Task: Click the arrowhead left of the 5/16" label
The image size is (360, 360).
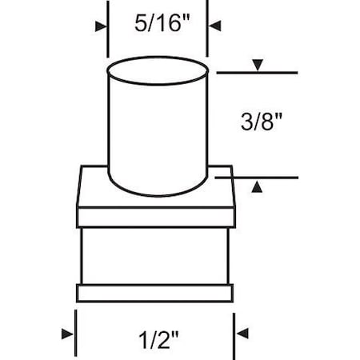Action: pyautogui.click(x=101, y=26)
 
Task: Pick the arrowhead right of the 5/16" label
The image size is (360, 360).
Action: pyautogui.click(x=215, y=26)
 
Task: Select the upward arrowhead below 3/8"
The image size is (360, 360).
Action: pyautogui.click(x=257, y=186)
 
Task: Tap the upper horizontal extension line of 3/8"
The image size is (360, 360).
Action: pyautogui.click(x=256, y=74)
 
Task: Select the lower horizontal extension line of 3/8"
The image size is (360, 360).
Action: pyautogui.click(x=256, y=177)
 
